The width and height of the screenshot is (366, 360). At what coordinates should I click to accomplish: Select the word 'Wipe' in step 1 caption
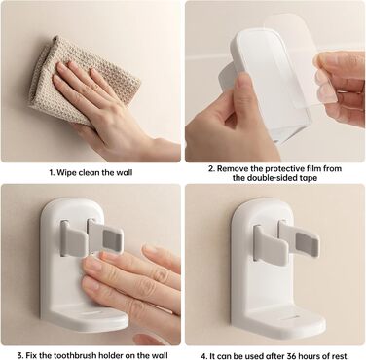click(66, 172)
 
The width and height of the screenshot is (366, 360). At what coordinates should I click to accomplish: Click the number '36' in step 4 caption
click(284, 356)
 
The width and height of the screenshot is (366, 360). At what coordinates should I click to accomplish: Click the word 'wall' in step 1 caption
click(124, 172)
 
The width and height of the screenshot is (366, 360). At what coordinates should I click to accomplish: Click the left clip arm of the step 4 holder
click(269, 244)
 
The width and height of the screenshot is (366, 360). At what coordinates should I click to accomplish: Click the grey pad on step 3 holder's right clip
click(112, 239)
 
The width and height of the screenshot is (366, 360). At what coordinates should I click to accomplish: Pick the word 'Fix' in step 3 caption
click(31, 355)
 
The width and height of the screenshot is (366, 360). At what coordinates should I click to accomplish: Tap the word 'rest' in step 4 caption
click(340, 356)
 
